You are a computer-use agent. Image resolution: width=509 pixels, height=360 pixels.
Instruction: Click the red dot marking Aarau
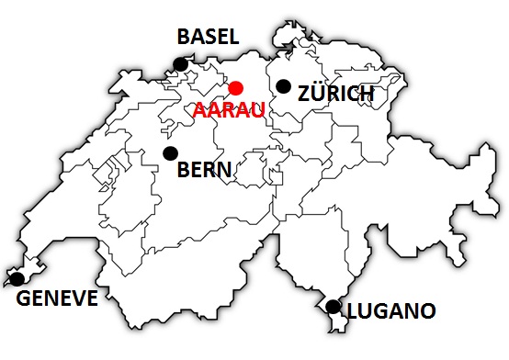(x=235, y=88)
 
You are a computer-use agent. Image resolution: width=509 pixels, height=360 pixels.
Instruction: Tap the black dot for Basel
(x=181, y=63)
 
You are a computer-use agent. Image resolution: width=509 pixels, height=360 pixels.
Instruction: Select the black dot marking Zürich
(x=283, y=86)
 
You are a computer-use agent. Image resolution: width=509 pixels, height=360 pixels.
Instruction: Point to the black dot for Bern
(x=169, y=153)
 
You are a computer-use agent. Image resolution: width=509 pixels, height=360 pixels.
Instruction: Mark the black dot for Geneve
(x=17, y=277)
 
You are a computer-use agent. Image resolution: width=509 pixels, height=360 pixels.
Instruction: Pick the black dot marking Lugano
(x=333, y=306)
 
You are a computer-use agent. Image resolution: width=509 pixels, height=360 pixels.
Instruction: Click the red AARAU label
(x=229, y=110)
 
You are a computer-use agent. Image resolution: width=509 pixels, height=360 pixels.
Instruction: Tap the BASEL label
(x=208, y=37)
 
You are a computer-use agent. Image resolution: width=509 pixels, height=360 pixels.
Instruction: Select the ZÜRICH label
(x=336, y=94)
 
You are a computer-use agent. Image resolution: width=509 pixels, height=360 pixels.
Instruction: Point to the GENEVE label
(x=56, y=298)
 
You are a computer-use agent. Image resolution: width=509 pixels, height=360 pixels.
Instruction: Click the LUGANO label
(x=390, y=312)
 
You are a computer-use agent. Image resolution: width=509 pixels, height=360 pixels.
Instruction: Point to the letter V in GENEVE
(x=80, y=298)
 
